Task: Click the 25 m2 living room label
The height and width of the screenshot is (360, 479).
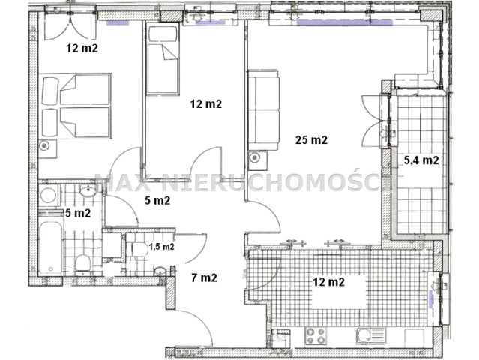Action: click(x=311, y=140)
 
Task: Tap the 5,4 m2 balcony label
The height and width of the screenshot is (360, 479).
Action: click(x=421, y=160)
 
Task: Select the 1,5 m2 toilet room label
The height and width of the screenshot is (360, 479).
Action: click(x=162, y=246)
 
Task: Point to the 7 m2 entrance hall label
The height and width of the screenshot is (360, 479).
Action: click(x=204, y=277)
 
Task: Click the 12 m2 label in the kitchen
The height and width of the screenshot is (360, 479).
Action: click(x=328, y=281)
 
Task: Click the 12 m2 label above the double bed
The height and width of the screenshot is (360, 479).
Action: click(x=82, y=48)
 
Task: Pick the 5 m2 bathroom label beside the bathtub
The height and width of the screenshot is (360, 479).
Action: click(x=78, y=213)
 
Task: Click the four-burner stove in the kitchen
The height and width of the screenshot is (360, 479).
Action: click(x=316, y=336)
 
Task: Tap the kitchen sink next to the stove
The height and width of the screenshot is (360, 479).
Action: click(x=370, y=335)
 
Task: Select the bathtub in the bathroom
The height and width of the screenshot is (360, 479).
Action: click(x=51, y=247)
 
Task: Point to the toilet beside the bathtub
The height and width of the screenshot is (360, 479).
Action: click(x=82, y=263)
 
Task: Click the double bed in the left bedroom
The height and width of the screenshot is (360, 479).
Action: click(x=75, y=106)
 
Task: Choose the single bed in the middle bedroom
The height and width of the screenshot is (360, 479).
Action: click(x=162, y=58)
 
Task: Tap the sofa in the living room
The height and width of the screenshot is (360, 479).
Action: click(x=263, y=110)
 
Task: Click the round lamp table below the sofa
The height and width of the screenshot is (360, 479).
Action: click(x=254, y=157)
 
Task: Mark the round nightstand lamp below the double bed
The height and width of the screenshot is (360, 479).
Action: click(x=44, y=146)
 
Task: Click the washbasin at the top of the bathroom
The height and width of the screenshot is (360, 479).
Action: click(x=88, y=191)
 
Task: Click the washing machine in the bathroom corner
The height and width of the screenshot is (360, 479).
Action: click(x=49, y=196)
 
